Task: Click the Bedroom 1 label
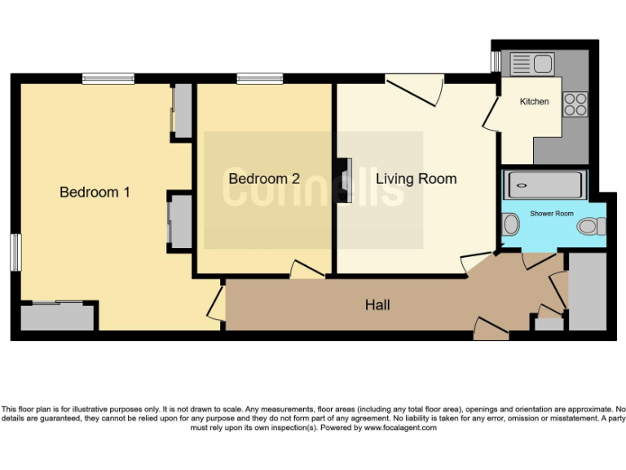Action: tap(95, 193)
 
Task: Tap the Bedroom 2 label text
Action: tap(264, 179)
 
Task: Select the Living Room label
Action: tap(416, 179)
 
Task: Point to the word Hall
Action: tap(377, 305)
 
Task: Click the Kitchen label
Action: tap(535, 102)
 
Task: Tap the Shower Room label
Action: tap(552, 214)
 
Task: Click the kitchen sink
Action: tap(531, 62)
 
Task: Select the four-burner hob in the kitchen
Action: tap(575, 103)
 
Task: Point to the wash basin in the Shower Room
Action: tap(510, 223)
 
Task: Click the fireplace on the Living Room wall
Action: tap(346, 181)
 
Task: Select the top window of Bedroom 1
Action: tap(108, 79)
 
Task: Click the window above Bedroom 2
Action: tap(260, 79)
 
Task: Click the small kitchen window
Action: tap(495, 62)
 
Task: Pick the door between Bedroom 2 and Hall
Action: tap(307, 270)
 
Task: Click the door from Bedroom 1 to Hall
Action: tap(217, 304)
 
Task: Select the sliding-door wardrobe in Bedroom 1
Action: tap(57, 317)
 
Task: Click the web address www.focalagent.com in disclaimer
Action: tap(399, 428)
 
